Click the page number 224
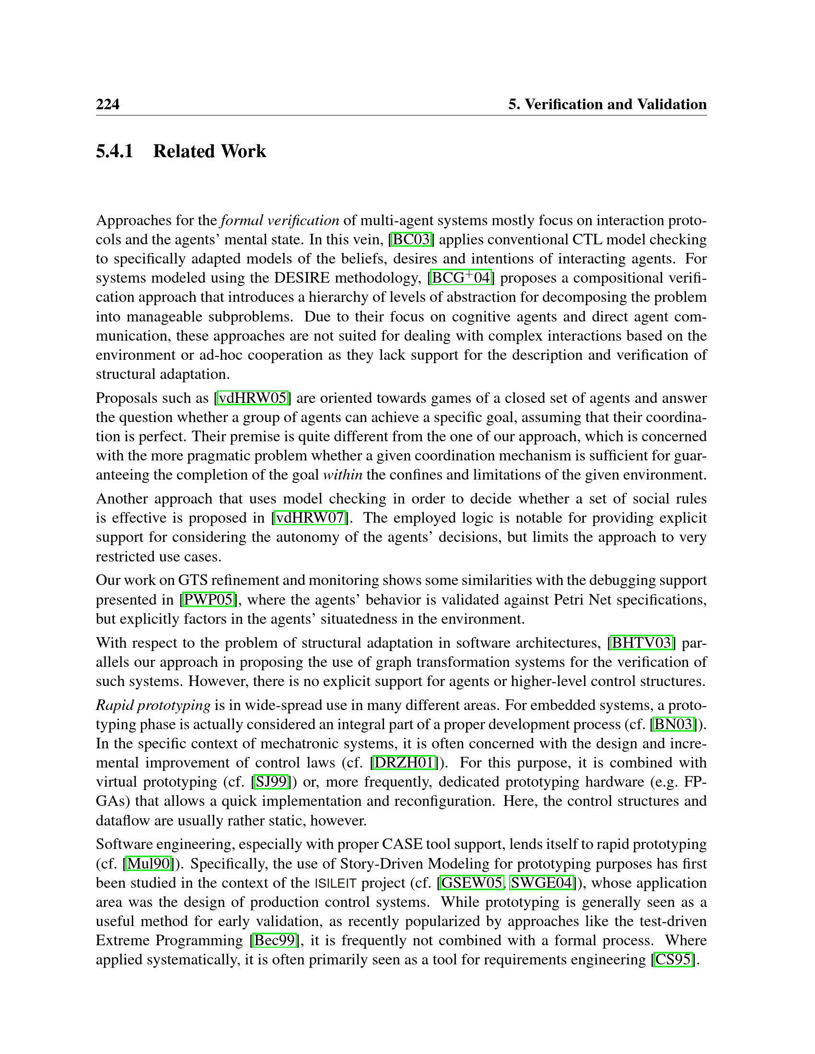[x=108, y=104]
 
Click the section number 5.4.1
[x=115, y=151]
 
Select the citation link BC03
[x=411, y=240]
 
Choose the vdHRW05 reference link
[x=254, y=398]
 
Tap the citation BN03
[x=675, y=724]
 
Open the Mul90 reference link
[x=149, y=863]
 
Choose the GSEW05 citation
[x=472, y=882]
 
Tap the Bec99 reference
[x=274, y=940]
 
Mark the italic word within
[x=343, y=475]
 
